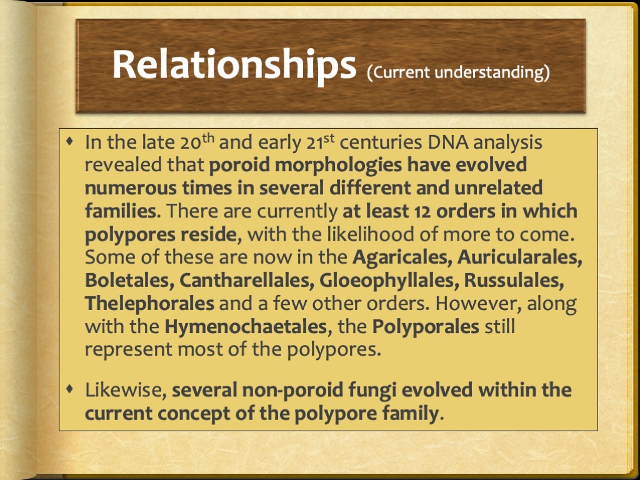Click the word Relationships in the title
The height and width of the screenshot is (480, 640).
(x=233, y=64)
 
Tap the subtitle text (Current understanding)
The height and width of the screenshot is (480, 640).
(x=458, y=72)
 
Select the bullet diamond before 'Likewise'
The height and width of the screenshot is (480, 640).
(x=70, y=389)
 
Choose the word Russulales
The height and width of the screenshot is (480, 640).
(x=514, y=280)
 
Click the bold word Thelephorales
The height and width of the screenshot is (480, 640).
(x=149, y=303)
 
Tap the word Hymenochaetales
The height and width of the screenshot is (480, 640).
(x=244, y=326)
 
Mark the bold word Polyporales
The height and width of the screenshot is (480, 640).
(x=426, y=326)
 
